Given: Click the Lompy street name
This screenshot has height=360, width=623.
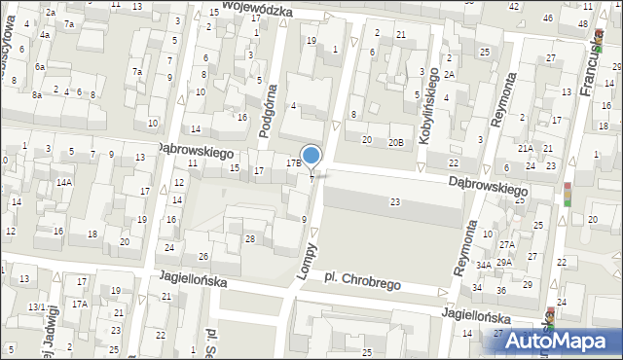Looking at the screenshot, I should pyautogui.click(x=309, y=262).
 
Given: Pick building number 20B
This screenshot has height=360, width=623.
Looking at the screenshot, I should pyautogui.click(x=395, y=142).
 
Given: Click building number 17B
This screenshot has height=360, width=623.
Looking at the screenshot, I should pyautogui.click(x=293, y=163).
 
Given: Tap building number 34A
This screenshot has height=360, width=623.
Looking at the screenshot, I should pyautogui.click(x=483, y=265).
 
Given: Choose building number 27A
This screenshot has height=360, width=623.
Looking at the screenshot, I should pyautogui.click(x=506, y=245).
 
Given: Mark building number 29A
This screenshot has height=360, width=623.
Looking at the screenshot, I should pyautogui.click(x=504, y=262).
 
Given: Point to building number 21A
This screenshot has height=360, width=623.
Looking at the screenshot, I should pyautogui.click(x=526, y=148).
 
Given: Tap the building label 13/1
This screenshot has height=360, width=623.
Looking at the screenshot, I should pyautogui.click(x=36, y=306).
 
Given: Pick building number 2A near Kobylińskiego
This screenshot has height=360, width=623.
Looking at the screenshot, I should pyautogui.click(x=449, y=75).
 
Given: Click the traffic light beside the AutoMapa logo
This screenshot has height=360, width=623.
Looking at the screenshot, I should pyautogui.click(x=551, y=318).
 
